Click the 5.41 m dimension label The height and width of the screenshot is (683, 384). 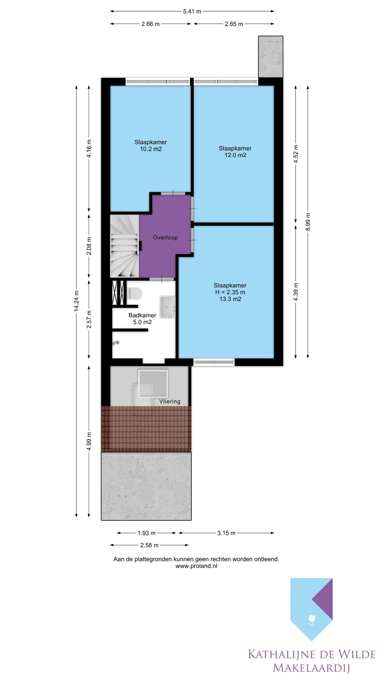pos(192,11)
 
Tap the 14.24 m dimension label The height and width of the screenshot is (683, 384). pos(77,301)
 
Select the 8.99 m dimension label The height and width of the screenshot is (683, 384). pos(308,222)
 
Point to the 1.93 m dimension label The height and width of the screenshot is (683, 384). pos(146,533)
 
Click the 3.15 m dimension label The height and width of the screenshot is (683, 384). pos(226,533)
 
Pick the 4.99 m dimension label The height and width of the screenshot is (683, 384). pos(89,441)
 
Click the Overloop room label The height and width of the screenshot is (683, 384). pos(165,238)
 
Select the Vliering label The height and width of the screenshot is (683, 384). pos(170,401)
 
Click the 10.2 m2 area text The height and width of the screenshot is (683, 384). pos(151,149)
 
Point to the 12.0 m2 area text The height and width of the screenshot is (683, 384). pos(235,155)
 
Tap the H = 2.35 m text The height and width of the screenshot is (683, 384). pos(230,292)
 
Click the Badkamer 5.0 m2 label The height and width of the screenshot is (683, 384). pos(142,319)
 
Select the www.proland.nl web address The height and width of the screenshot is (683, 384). pos(196,566)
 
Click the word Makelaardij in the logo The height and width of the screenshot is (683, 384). pos(311,668)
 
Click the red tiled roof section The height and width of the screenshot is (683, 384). pos(146,429)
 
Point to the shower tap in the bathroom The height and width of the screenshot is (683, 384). pos(115,343)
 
